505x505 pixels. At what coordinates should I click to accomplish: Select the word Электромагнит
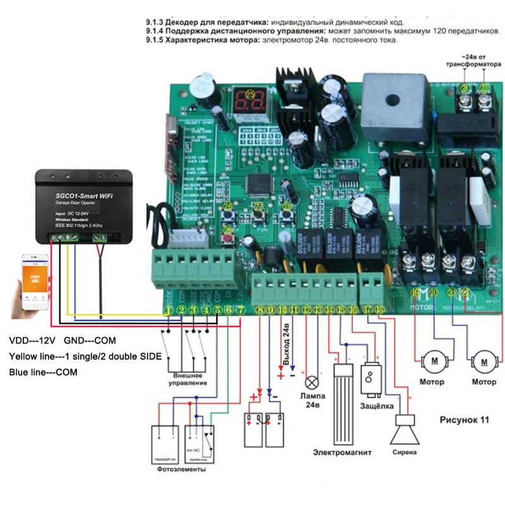coord(342,452)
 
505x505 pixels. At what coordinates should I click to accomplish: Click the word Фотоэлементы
coord(182,470)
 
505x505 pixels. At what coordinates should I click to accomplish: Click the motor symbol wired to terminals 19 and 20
coord(435,361)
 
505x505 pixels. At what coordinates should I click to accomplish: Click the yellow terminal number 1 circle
coord(169,310)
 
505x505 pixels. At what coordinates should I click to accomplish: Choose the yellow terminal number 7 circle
coord(241,310)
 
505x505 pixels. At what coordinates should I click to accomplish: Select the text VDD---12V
coord(31,340)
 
